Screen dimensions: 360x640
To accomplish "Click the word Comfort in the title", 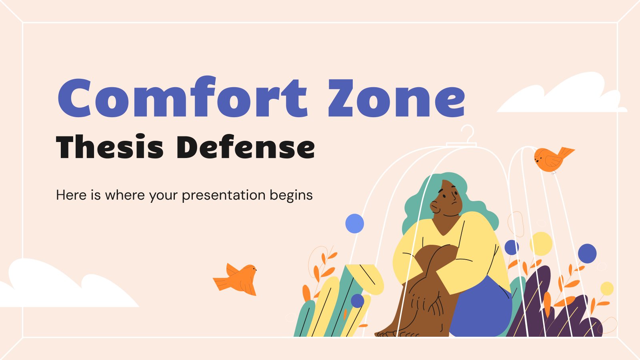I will pyautogui.click(x=182, y=98).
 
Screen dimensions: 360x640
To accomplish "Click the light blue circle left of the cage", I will pyautogui.click(x=354, y=223).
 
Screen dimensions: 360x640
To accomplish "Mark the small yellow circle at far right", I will pyautogui.click(x=607, y=288).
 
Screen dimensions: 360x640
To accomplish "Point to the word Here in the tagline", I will pyautogui.click(x=71, y=195).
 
